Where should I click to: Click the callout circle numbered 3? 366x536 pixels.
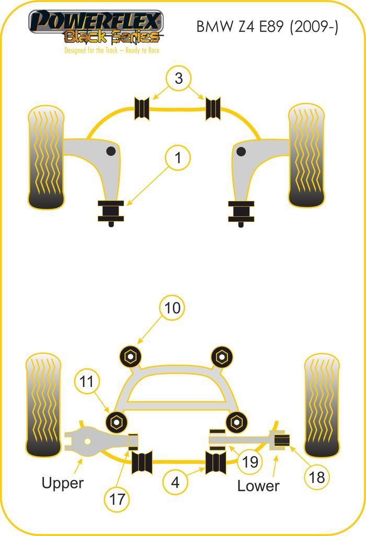(x=179, y=79)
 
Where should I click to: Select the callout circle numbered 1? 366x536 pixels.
(x=178, y=158)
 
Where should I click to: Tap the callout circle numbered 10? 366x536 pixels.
(x=173, y=308)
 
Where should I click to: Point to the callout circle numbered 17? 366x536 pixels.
(x=118, y=499)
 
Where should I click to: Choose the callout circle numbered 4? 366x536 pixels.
(x=175, y=482)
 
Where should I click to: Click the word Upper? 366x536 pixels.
(x=62, y=483)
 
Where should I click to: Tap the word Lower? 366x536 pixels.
(x=258, y=486)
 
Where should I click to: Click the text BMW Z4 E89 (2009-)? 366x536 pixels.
(x=267, y=27)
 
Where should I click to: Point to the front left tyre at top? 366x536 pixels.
(x=46, y=157)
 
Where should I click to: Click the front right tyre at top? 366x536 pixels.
(x=306, y=155)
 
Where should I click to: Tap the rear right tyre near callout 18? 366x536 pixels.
(x=322, y=405)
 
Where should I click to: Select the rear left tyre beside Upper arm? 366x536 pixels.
(x=43, y=405)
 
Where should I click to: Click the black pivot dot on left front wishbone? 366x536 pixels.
(x=111, y=151)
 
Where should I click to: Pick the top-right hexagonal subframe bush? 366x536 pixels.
(x=222, y=356)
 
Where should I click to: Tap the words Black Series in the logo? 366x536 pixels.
(x=111, y=37)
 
